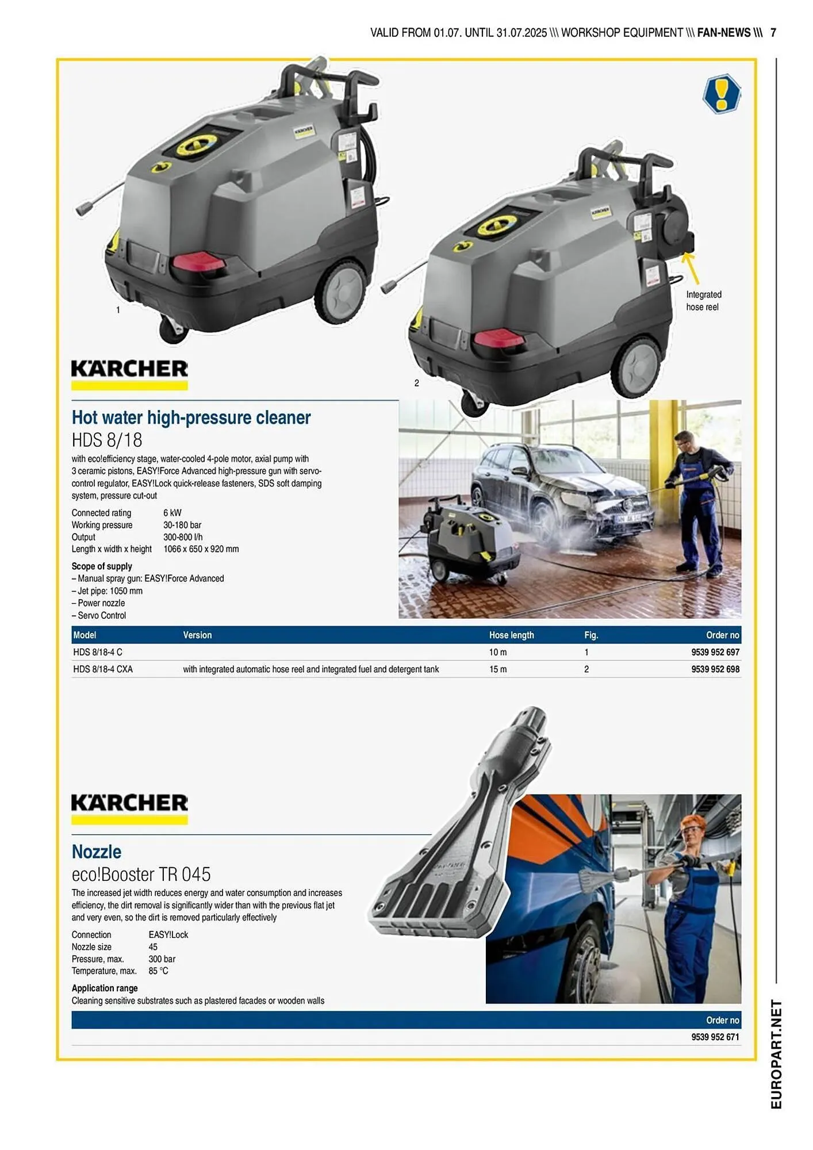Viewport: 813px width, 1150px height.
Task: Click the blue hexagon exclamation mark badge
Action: (721, 93)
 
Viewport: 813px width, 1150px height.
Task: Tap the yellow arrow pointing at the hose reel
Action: (691, 268)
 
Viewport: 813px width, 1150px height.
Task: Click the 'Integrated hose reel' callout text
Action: (703, 301)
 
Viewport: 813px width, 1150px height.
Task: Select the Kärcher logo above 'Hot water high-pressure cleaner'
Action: (129, 374)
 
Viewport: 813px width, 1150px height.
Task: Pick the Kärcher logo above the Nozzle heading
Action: (129, 808)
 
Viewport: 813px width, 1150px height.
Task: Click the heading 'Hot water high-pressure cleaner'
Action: (191, 417)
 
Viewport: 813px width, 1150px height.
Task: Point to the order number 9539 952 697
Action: (715, 652)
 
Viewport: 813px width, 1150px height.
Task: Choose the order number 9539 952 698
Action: (715, 669)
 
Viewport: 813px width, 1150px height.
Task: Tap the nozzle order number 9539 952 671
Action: (715, 1037)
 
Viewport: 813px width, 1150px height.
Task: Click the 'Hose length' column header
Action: (511, 635)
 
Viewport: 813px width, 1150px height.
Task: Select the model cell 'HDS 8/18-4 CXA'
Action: (103, 669)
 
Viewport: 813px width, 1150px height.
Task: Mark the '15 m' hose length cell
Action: (497, 669)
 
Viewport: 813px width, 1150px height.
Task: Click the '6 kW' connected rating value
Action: (172, 513)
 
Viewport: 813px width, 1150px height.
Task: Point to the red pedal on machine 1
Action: (199, 262)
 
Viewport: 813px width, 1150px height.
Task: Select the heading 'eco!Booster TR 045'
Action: (141, 874)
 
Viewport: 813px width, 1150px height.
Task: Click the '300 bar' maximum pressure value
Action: (162, 959)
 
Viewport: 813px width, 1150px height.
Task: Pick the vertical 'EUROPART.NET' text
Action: (776, 1053)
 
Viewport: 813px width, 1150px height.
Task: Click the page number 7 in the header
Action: (773, 33)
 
